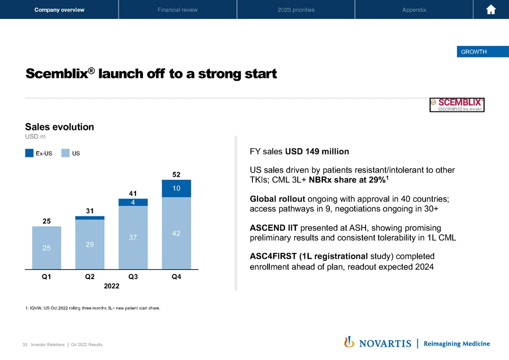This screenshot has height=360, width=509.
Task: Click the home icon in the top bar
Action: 491,10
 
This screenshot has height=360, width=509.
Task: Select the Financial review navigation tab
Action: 178,10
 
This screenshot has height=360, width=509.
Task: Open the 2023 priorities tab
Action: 296,10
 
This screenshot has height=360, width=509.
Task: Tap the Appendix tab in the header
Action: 414,10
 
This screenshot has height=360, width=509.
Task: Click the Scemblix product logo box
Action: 457,104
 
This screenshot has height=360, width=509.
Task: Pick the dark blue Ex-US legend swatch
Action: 29,152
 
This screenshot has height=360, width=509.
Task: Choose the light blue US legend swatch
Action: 66,152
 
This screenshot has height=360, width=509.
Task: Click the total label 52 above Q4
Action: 176,174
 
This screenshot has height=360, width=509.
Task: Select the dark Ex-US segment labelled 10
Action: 176,188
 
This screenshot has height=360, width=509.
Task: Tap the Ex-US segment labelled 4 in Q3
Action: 133,202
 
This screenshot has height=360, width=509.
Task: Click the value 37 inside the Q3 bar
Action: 133,237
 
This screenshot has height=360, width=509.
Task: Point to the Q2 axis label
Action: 90,277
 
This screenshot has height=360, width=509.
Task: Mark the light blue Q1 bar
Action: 46,247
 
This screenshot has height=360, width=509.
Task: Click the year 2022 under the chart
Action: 111,286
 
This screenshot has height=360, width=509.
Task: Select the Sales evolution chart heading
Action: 60,127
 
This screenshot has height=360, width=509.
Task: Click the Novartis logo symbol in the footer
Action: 349,342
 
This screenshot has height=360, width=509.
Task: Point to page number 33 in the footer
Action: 25,345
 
